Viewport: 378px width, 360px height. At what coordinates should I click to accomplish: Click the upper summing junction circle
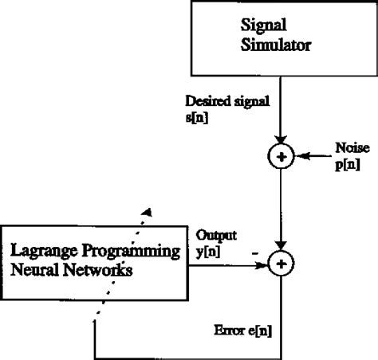coord(281,158)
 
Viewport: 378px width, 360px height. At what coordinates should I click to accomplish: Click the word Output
coord(213,237)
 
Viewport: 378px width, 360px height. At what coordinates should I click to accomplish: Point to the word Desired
coord(206,103)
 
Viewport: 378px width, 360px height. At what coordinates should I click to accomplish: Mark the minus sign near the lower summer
coord(254,251)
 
